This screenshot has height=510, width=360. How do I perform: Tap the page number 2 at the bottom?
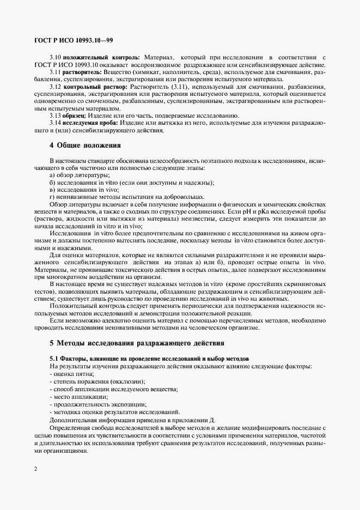(x=35, y=468)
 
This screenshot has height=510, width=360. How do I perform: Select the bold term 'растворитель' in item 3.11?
(x=83, y=72)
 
